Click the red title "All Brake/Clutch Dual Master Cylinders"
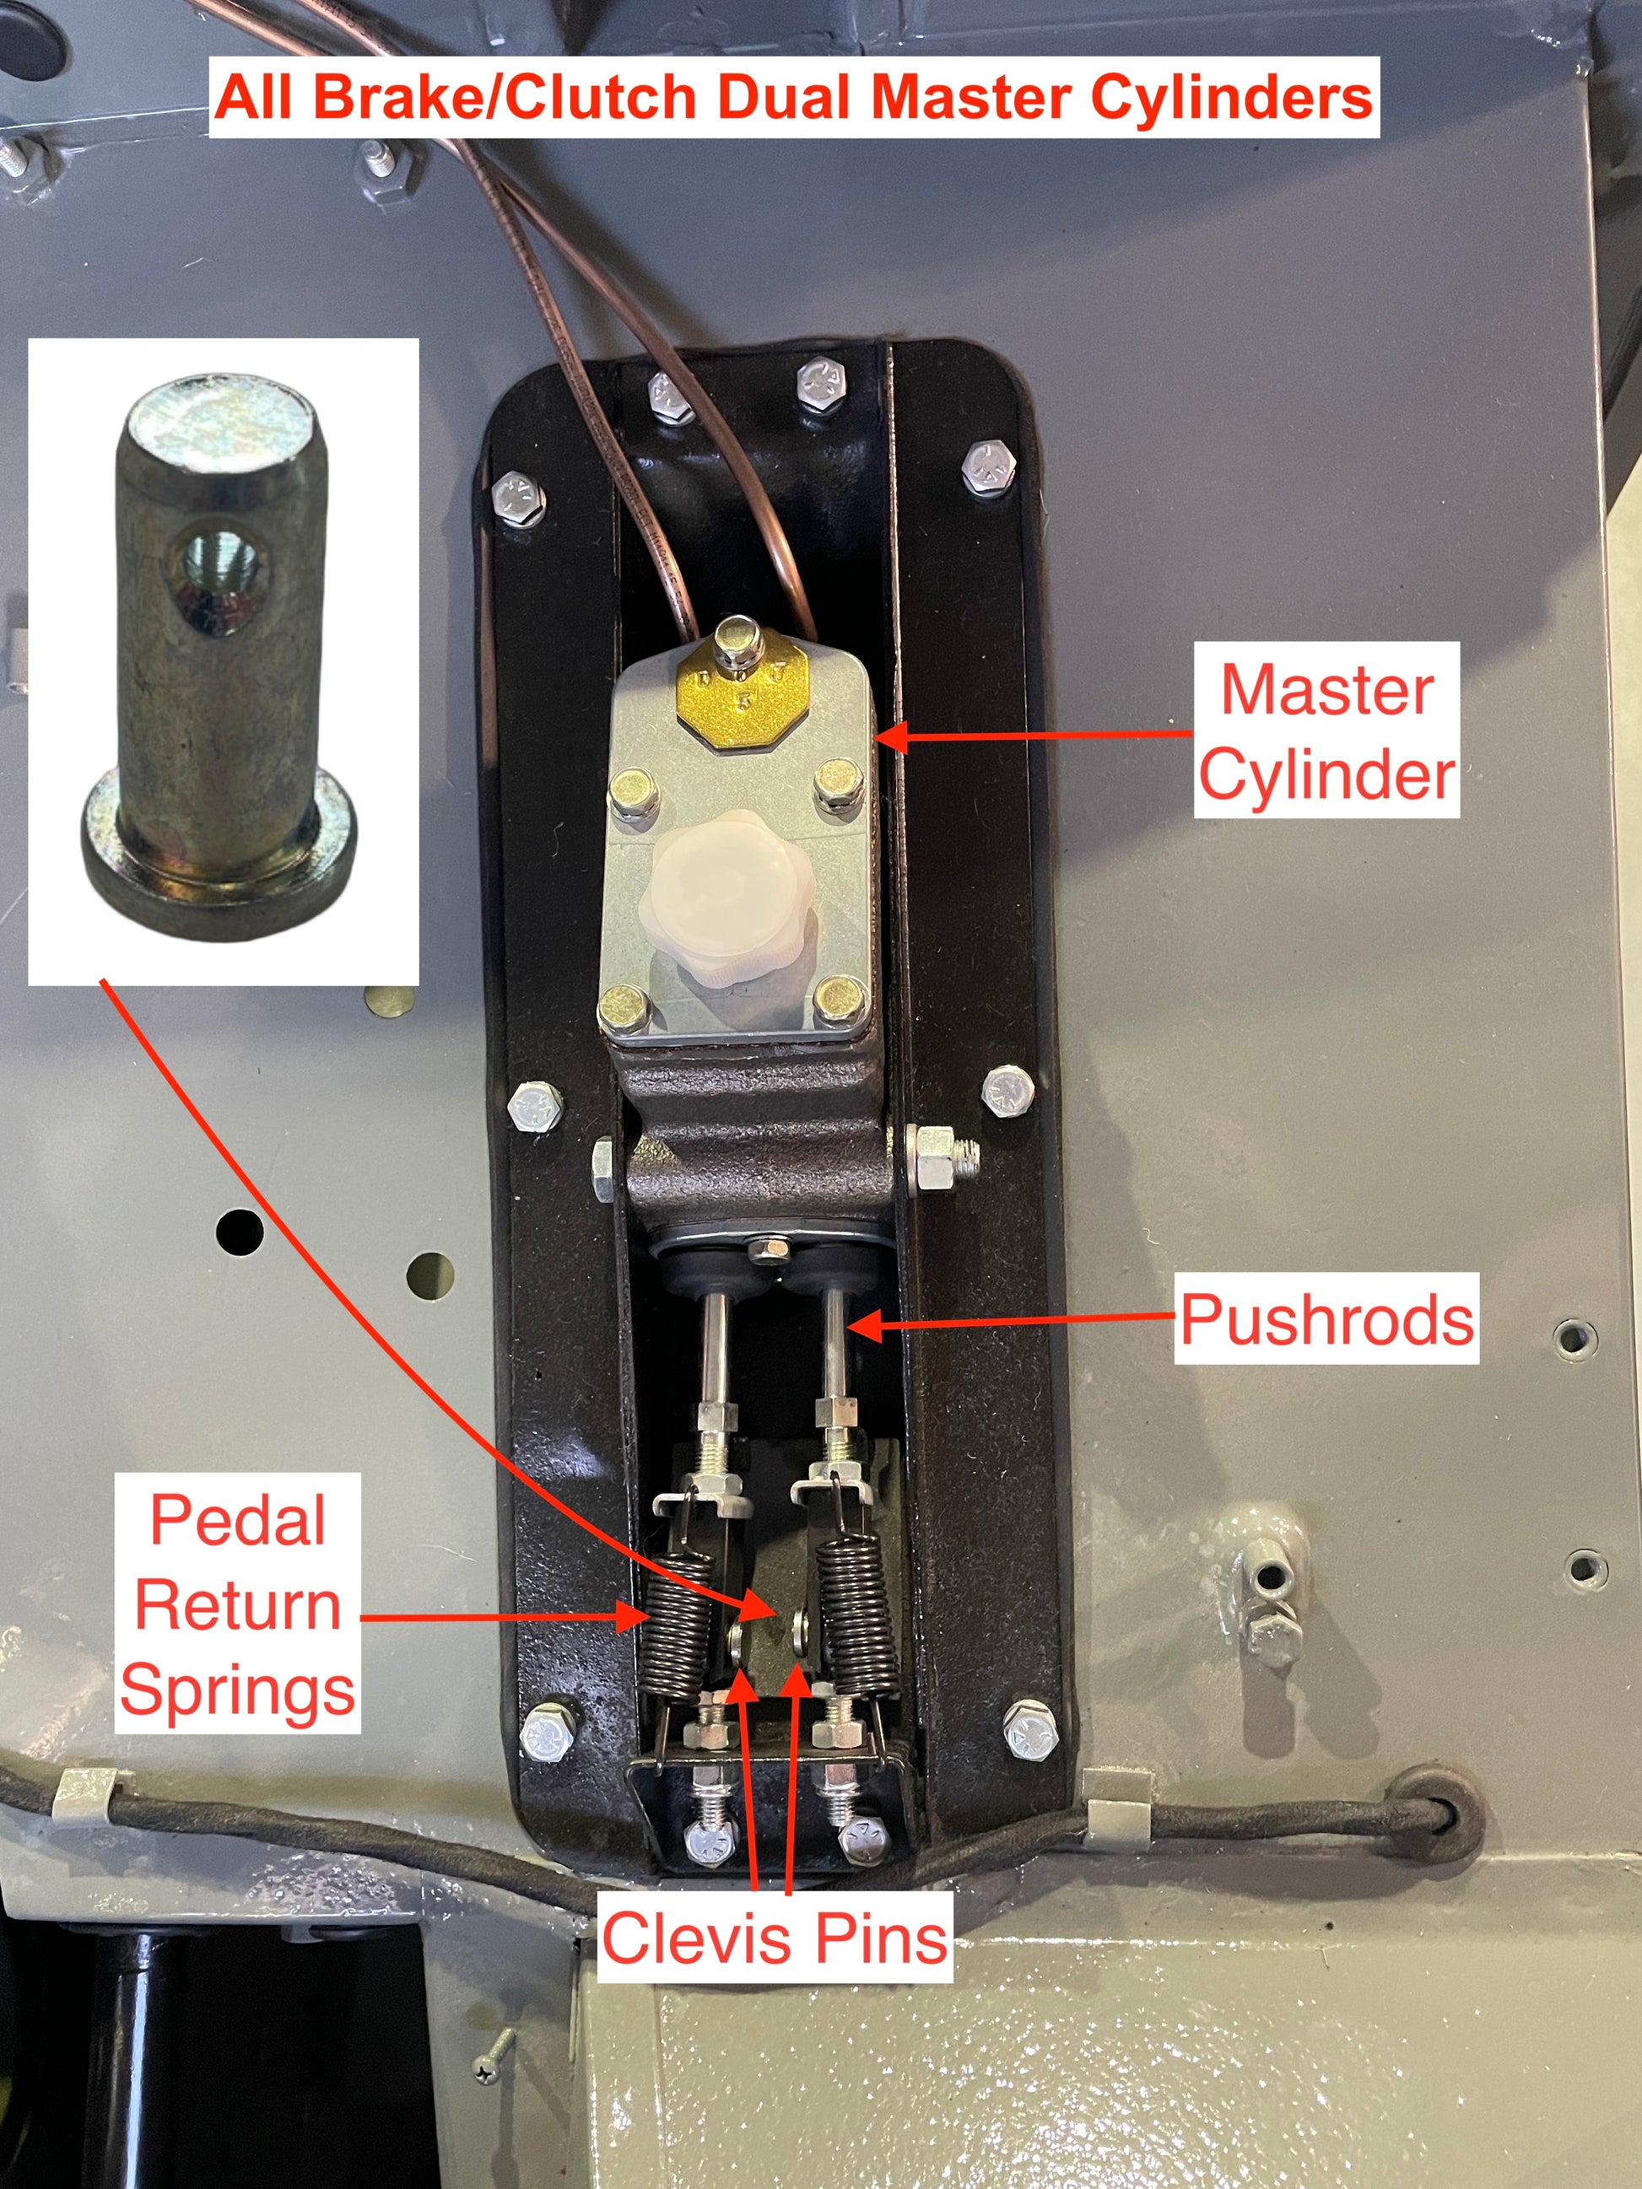point(794,98)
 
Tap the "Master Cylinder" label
point(1326,731)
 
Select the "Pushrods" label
point(1326,1319)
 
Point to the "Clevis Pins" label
point(774,1937)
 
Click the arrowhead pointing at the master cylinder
point(889,736)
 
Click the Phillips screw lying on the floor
point(494,2057)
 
